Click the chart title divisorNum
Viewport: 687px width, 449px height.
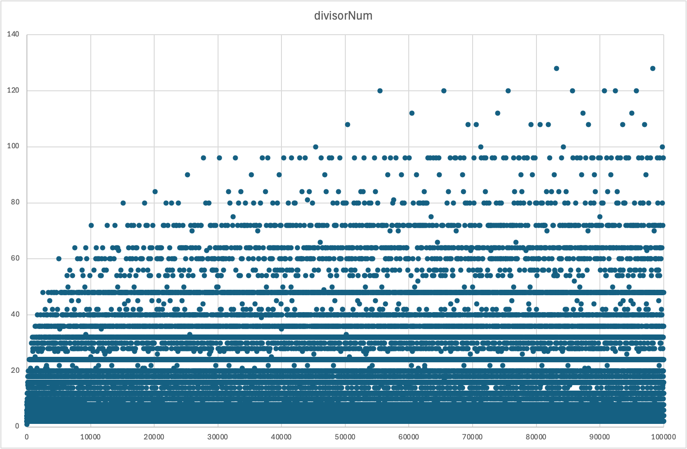click(343, 16)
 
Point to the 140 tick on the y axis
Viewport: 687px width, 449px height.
click(13, 34)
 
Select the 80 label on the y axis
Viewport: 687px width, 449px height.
click(15, 202)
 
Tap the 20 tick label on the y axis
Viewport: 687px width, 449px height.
click(15, 370)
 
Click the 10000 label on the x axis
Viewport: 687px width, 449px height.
click(90, 437)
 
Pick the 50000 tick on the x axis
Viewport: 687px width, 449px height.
click(345, 437)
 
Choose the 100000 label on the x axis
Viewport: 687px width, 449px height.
click(663, 437)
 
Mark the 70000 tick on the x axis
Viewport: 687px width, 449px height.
click(472, 437)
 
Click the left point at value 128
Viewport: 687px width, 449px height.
click(556, 68)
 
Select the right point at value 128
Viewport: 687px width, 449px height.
click(652, 68)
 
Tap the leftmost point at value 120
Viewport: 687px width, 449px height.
click(380, 91)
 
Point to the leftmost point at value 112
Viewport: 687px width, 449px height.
click(411, 113)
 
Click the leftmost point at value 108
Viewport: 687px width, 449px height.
click(347, 125)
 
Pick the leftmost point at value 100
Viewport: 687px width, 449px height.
click(315, 147)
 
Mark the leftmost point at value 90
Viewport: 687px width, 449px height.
click(187, 175)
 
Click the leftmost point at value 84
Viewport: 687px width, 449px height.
click(155, 192)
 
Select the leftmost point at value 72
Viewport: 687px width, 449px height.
click(91, 225)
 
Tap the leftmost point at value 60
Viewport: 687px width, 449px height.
click(58, 259)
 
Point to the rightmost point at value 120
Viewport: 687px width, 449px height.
click(636, 91)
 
